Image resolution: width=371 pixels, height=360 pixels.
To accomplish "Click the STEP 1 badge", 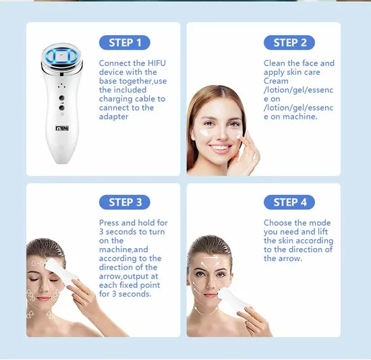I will coord(125,42).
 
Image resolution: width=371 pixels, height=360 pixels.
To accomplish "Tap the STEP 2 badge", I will coord(290,42).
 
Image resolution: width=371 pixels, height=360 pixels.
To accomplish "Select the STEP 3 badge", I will coord(125,202).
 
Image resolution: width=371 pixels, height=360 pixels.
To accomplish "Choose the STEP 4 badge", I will coord(290,202).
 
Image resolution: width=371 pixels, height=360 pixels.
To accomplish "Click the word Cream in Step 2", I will coord(275,81).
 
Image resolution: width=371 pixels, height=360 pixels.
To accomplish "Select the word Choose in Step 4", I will coord(279,223).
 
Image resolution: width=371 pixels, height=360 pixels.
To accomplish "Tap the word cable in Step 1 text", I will coord(143,98).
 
